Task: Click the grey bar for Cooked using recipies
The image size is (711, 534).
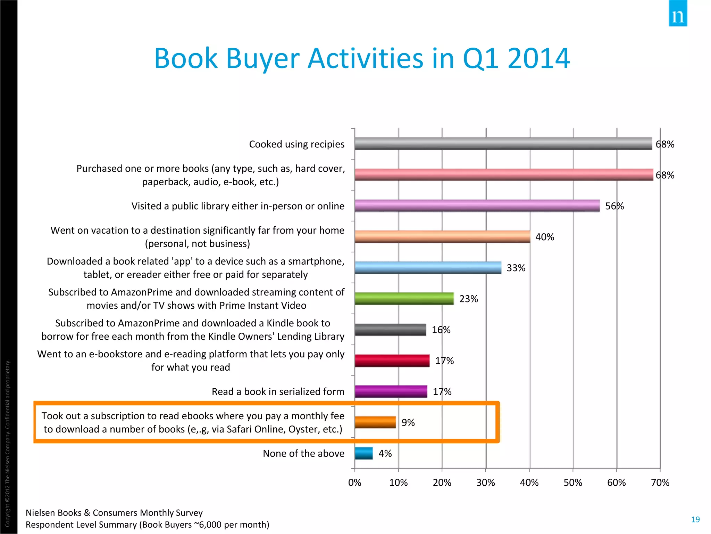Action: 503,144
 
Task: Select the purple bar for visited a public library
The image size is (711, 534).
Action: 477,206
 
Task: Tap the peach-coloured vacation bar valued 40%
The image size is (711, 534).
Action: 442,237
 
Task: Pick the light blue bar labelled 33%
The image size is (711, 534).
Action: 428,268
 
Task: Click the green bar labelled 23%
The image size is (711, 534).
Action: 404,299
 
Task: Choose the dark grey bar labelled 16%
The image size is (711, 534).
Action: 390,330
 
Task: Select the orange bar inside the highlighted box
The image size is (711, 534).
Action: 375,422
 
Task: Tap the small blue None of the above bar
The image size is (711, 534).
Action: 363,453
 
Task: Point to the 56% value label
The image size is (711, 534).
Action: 614,206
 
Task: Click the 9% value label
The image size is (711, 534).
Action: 408,423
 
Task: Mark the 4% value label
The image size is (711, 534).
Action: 385,454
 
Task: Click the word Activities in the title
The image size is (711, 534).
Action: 365,58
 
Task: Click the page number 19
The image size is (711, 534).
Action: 695,519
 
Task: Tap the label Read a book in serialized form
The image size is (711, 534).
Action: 278,392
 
